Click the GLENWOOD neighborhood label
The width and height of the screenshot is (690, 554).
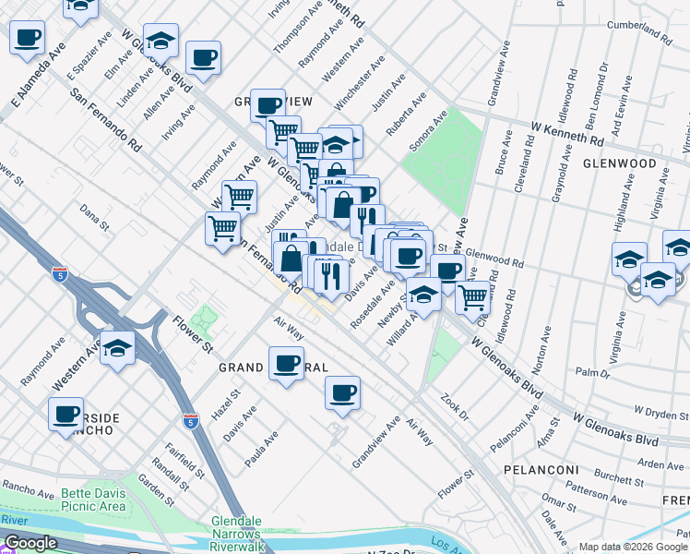(x=619, y=163)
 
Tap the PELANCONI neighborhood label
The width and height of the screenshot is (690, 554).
(x=541, y=470)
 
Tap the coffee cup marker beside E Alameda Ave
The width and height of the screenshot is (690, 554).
(x=28, y=40)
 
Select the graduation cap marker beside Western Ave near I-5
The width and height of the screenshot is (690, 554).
(x=118, y=349)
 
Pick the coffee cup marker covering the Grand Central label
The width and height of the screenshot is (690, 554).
(x=286, y=364)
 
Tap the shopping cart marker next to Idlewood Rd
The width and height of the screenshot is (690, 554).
(x=472, y=298)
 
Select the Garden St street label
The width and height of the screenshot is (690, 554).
(x=155, y=491)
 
